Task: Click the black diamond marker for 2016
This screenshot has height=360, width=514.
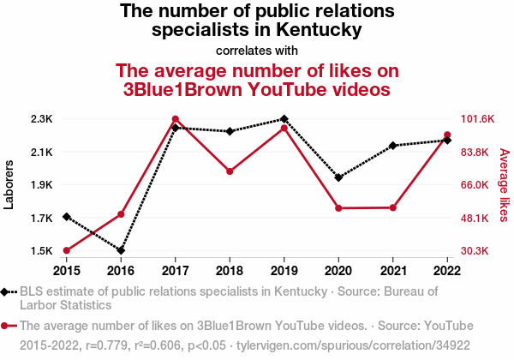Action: [x=121, y=251]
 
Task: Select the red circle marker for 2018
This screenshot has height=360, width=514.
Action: [x=230, y=171]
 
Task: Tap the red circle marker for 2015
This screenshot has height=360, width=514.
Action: [x=66, y=250]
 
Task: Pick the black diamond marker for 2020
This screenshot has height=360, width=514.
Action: [x=338, y=177]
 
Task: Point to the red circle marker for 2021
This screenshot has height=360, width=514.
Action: [x=393, y=207]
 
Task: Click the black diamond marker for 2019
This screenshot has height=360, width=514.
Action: [x=284, y=118]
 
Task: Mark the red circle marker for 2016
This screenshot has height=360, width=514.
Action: [x=121, y=213]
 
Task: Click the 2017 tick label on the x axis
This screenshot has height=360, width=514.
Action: [x=175, y=271]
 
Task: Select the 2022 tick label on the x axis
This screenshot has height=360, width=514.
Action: [x=447, y=271]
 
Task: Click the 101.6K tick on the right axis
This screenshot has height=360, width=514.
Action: [x=479, y=118]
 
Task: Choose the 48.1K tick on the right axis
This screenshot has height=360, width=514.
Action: [x=477, y=218]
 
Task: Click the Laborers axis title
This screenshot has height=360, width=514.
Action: [x=9, y=184]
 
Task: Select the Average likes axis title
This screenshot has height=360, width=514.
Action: [x=504, y=184]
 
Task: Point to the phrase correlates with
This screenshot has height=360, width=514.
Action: [x=257, y=50]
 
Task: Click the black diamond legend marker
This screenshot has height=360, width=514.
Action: [x=6, y=291]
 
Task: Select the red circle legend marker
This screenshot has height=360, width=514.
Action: [x=6, y=326]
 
